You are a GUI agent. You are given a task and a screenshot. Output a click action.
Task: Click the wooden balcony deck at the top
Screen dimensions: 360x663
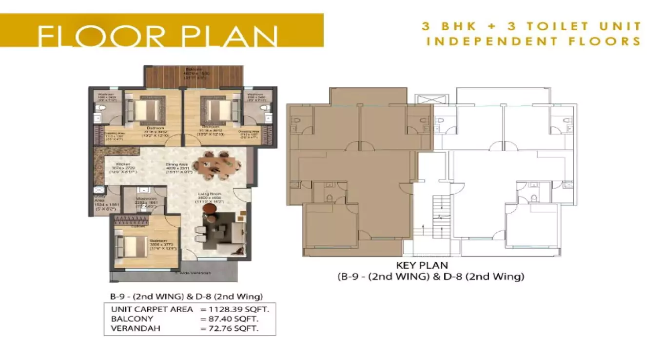pos(194,77)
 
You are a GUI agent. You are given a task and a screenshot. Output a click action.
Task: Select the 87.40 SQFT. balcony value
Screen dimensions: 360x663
pos(229,319)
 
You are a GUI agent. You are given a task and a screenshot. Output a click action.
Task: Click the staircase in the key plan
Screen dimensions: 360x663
pos(439,215)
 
